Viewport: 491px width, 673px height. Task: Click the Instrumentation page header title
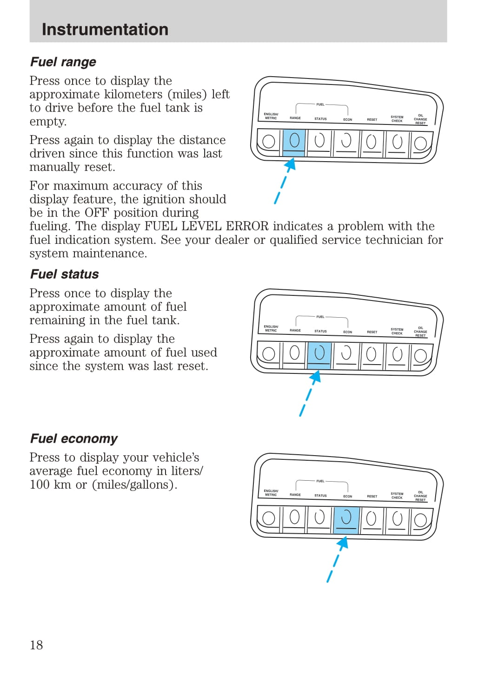click(105, 29)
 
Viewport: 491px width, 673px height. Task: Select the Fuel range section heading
click(63, 62)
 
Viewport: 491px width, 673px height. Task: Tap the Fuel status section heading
click(65, 274)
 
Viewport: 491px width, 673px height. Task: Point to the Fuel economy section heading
click(74, 438)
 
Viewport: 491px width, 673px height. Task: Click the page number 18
click(36, 645)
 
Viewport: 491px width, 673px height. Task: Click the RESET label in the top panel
click(372, 120)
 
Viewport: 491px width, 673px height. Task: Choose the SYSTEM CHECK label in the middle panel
click(397, 331)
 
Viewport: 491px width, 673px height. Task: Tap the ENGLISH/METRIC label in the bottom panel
click(271, 493)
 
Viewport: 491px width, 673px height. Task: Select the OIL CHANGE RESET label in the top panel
click(420, 119)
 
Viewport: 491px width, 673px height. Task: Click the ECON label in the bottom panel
click(347, 497)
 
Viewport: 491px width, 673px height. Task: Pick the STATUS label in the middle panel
click(320, 331)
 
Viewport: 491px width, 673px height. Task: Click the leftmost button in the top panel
click(269, 142)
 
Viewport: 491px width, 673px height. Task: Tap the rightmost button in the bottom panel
click(420, 519)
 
